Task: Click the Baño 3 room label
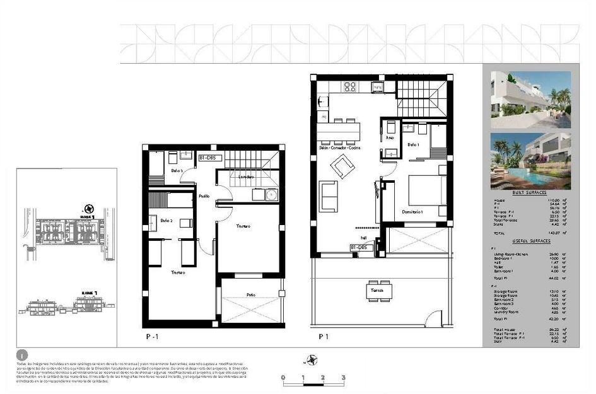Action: pyautogui.click(x=177, y=170)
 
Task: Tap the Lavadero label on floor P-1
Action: pyautogui.click(x=246, y=177)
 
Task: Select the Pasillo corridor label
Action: pyautogui.click(x=204, y=197)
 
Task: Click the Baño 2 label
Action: pyautogui.click(x=167, y=221)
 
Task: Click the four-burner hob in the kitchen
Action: pyautogui.click(x=350, y=87)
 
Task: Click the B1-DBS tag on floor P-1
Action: pyautogui.click(x=211, y=158)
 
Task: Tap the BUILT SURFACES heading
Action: pyautogui.click(x=527, y=194)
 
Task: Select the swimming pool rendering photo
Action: pyautogui.click(x=530, y=161)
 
